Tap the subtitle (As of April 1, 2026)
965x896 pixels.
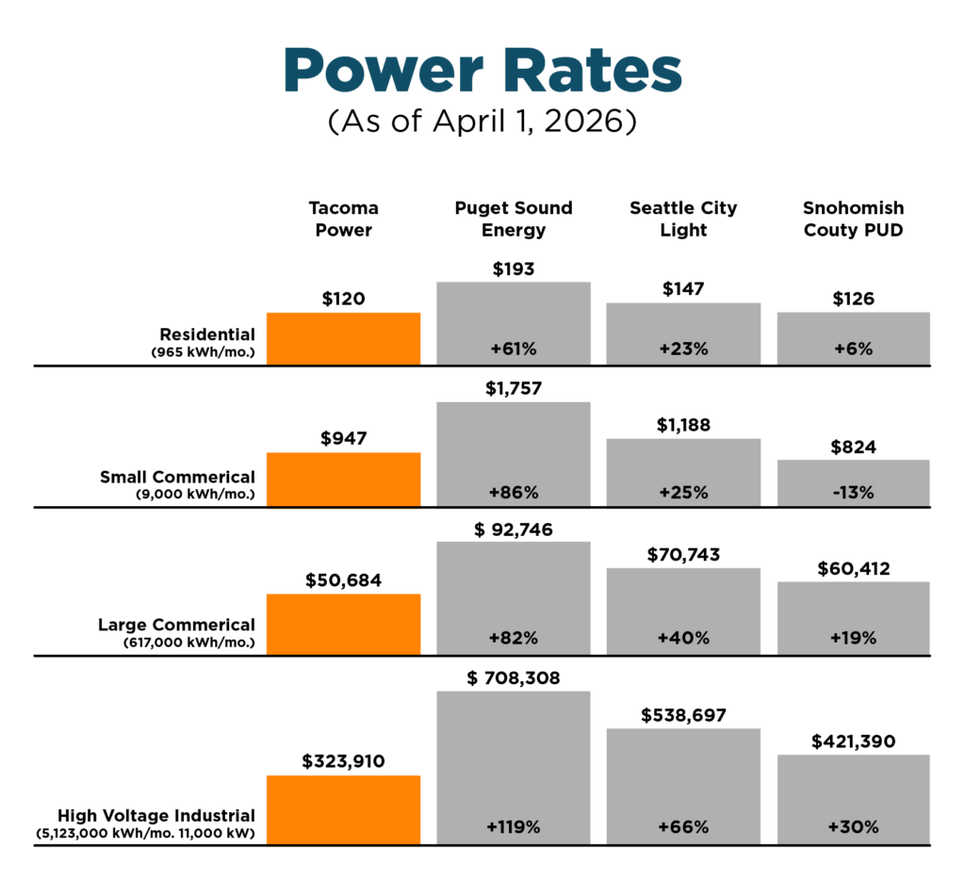pyautogui.click(x=482, y=122)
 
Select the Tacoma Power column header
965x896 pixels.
pyautogui.click(x=343, y=219)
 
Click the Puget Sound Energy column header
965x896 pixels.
pyautogui.click(x=514, y=219)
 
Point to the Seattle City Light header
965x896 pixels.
pyautogui.click(x=683, y=219)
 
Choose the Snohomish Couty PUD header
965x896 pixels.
pyautogui.click(x=854, y=219)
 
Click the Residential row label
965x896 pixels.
pyautogui.click(x=207, y=334)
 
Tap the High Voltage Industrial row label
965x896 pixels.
pyautogui.click(x=156, y=815)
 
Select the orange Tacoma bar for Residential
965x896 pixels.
pyautogui.click(x=343, y=339)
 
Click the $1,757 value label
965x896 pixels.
pyautogui.click(x=514, y=388)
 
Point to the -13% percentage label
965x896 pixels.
pyautogui.click(x=854, y=493)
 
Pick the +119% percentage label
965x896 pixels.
pyautogui.click(x=514, y=827)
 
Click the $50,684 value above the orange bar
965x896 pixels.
pyautogui.click(x=343, y=580)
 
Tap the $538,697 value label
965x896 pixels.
pyautogui.click(x=683, y=715)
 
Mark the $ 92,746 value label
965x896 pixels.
pyautogui.click(x=514, y=528)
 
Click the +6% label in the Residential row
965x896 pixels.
pyautogui.click(x=854, y=349)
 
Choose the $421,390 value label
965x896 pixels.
pyautogui.click(x=854, y=741)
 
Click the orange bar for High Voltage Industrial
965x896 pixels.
pyautogui.click(x=343, y=809)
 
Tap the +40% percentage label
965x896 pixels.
pyautogui.click(x=683, y=638)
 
